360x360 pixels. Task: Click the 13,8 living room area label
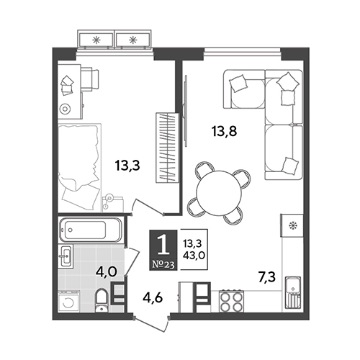tap(224, 131)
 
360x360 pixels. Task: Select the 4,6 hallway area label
tap(152, 297)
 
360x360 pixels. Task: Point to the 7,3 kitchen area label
tap(267, 278)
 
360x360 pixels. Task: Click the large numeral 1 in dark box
tap(164, 245)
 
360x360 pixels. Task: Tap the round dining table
tap(219, 193)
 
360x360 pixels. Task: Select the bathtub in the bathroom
tap(89, 230)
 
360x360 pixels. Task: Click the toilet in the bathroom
tap(101, 301)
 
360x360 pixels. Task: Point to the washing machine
tap(69, 301)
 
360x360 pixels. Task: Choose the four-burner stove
tap(231, 300)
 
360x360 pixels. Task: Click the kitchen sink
tap(293, 292)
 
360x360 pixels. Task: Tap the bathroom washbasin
tap(65, 256)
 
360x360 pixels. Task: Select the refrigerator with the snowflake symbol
tap(292, 225)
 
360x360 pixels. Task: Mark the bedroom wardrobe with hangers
tap(167, 147)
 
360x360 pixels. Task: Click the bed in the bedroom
tap(79, 167)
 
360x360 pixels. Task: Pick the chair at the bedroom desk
tap(90, 79)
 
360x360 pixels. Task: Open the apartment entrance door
tap(151, 323)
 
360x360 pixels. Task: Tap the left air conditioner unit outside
tap(96, 40)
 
